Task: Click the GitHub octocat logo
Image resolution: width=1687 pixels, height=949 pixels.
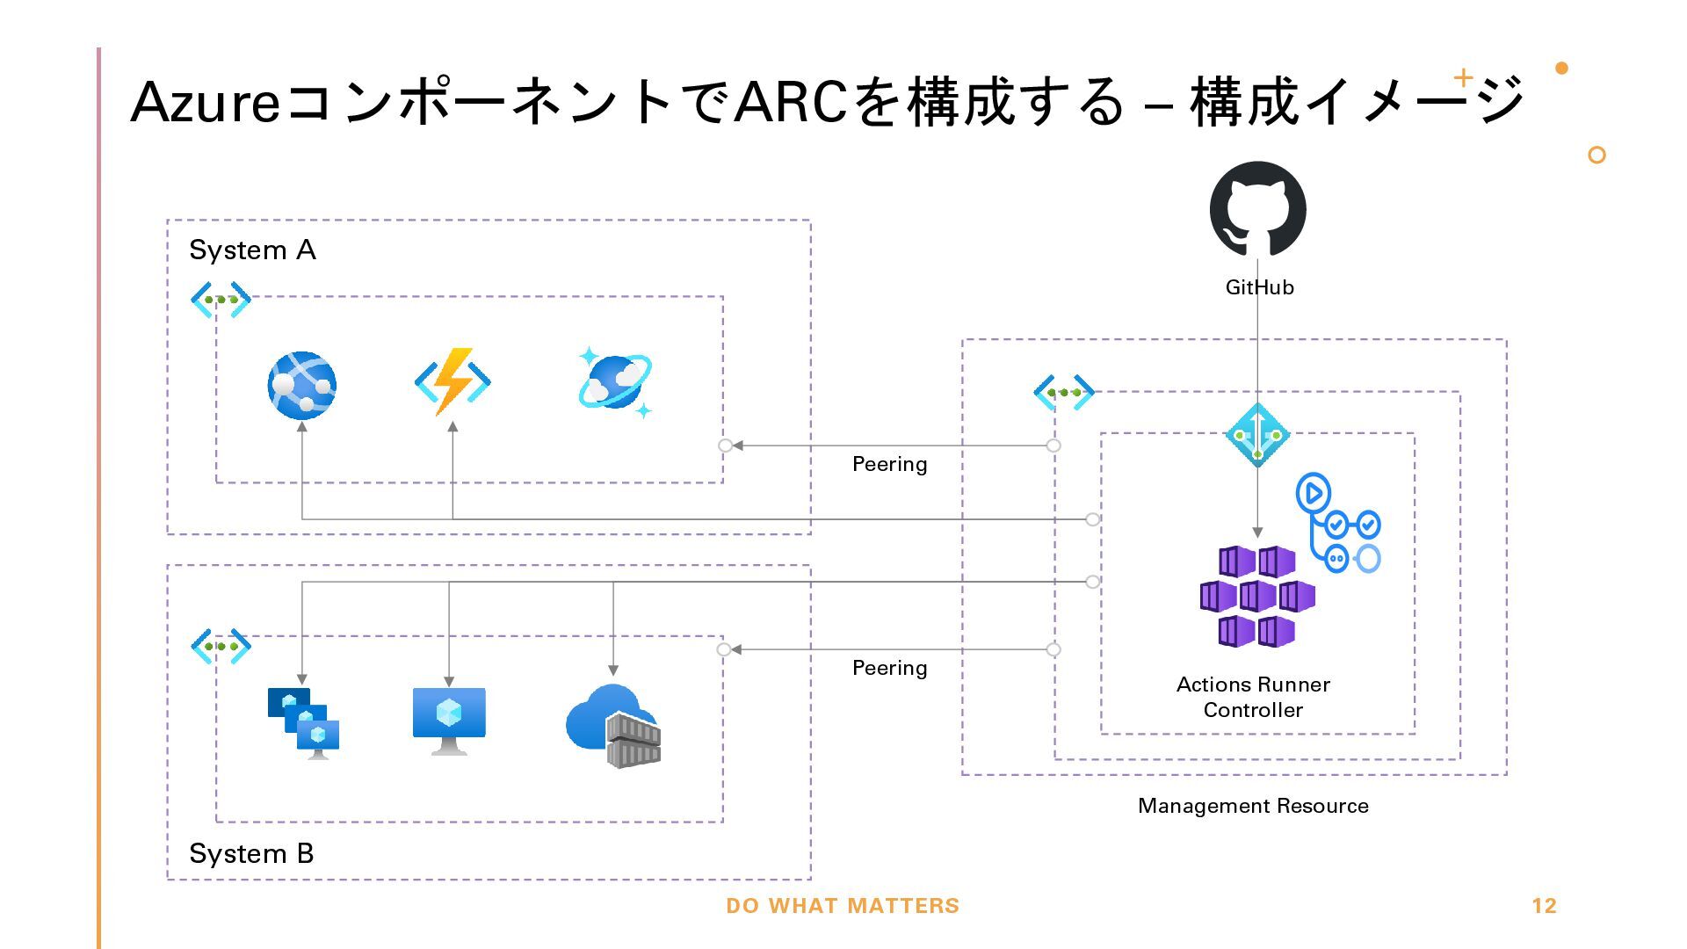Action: tap(1257, 209)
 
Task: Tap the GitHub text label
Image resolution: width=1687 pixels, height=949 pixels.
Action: tap(1259, 287)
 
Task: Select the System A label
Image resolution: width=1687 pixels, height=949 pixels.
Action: tap(252, 250)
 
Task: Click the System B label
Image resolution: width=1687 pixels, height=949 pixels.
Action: tap(251, 853)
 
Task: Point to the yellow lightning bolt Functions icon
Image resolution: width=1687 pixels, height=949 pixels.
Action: tap(453, 382)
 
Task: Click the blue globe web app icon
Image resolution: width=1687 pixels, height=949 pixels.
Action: tap(302, 385)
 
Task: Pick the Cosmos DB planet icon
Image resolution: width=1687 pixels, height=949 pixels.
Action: tap(615, 382)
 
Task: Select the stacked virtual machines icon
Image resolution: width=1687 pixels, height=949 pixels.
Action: tap(303, 723)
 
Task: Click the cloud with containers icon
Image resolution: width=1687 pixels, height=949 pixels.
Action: tap(613, 727)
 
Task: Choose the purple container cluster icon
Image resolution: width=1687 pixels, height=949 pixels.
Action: tap(1257, 597)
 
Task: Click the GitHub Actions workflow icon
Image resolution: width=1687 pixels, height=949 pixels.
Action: tap(1338, 524)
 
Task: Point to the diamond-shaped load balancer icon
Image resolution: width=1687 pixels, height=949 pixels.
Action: tap(1257, 435)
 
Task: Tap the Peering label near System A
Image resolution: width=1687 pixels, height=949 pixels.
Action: tap(889, 464)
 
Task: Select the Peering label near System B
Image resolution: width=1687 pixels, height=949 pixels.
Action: tap(889, 668)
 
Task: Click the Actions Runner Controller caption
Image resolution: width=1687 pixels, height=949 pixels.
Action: tap(1253, 697)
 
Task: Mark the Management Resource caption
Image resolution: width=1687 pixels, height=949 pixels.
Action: tap(1253, 806)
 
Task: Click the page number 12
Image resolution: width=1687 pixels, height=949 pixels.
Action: tap(1544, 906)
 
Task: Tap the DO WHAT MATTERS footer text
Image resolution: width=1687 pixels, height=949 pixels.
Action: tap(843, 906)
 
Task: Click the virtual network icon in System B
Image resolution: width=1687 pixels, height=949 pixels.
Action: tap(221, 647)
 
